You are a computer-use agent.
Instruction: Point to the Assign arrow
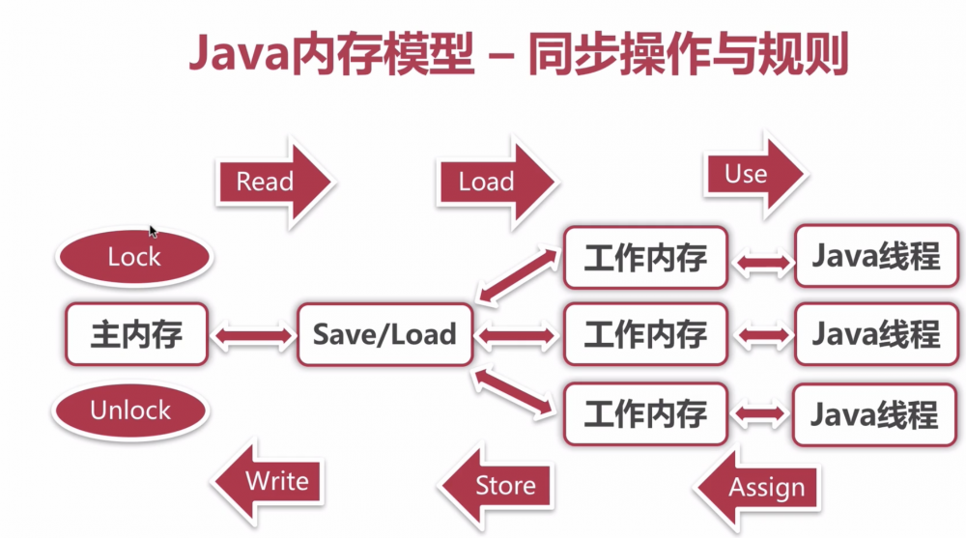(x=757, y=487)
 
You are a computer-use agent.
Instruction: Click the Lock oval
(x=134, y=257)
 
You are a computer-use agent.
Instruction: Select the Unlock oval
(x=130, y=410)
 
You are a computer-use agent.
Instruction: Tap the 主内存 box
(x=136, y=334)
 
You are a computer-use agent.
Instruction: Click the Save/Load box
(x=384, y=334)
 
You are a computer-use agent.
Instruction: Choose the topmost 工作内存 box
(x=645, y=258)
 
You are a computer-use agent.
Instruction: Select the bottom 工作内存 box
(x=645, y=413)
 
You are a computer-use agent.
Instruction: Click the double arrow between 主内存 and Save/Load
(x=252, y=335)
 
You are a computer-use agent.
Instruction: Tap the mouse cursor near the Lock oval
(x=153, y=231)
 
